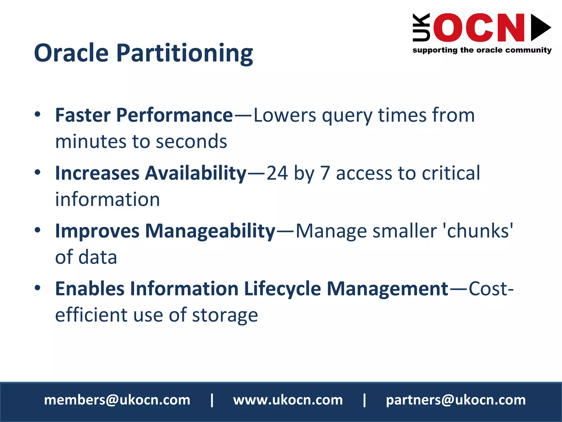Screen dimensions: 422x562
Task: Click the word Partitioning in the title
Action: click(x=184, y=53)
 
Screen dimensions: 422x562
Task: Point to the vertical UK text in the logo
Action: click(x=421, y=27)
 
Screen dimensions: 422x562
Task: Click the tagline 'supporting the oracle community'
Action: click(x=482, y=50)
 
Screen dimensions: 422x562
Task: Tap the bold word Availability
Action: click(x=196, y=173)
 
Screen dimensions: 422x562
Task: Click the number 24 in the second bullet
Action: click(x=277, y=173)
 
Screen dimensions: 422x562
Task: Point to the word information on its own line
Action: click(x=107, y=199)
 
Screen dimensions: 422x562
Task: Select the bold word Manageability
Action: click(x=210, y=231)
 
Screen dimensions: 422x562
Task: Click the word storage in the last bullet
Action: click(x=225, y=315)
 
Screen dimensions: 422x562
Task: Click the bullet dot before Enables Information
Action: click(x=38, y=288)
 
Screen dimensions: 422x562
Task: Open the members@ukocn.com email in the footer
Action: click(x=117, y=400)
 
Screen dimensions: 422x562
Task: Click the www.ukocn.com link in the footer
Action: click(x=288, y=400)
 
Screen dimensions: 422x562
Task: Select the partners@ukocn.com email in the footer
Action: click(x=456, y=400)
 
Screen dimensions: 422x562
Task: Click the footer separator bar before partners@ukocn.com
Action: click(x=364, y=400)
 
